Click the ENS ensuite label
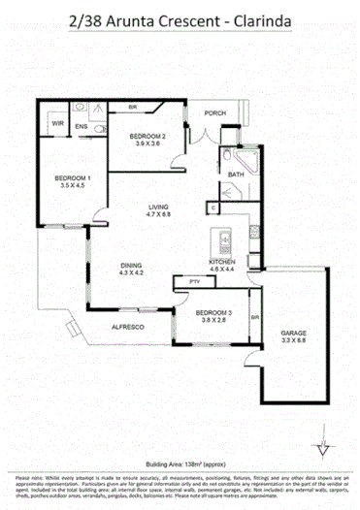pos(82,126)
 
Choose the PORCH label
pos(214,113)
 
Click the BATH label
pos(235,175)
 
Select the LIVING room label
pos(159,207)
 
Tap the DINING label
pos(131,266)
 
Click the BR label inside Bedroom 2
pos(132,109)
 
